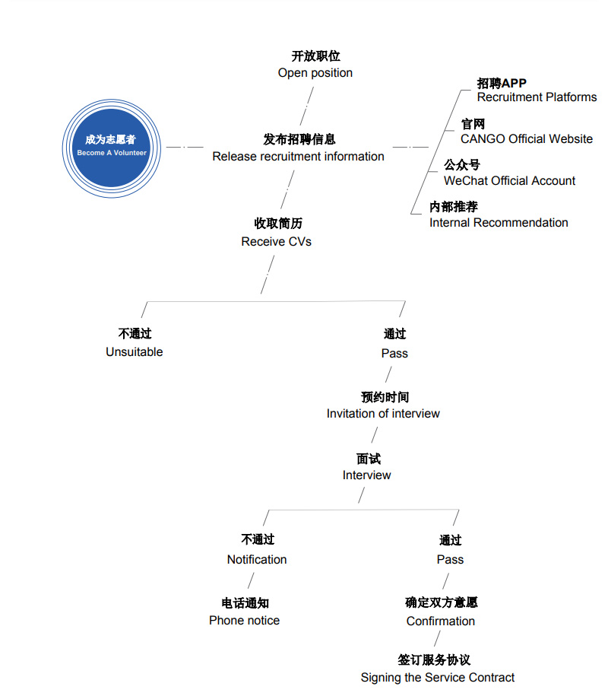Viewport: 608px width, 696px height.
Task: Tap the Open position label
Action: pos(315,73)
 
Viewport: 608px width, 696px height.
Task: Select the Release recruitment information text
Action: pos(298,156)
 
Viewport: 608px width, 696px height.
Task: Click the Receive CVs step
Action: pos(277,241)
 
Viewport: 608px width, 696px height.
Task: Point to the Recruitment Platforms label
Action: pos(537,97)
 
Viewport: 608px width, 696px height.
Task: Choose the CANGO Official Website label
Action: pos(526,138)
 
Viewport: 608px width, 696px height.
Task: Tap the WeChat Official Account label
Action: pos(509,180)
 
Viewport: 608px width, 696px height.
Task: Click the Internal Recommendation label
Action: pos(499,222)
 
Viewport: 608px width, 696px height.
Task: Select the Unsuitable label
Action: pos(135,351)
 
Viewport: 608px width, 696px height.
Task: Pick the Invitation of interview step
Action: pos(383,413)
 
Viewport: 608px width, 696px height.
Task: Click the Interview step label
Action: pos(367,475)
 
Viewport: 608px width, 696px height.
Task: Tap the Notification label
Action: pos(257,559)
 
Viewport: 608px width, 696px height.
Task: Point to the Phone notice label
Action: pos(244,620)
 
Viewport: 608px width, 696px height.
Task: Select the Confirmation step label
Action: pos(441,621)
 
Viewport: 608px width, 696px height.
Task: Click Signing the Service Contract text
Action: pos(438,677)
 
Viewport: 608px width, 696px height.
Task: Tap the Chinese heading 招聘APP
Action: pos(502,83)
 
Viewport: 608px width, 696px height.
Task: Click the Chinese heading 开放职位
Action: pos(315,56)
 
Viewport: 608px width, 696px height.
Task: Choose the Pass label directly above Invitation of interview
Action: pos(394,353)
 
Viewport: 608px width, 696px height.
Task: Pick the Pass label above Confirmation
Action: pos(450,559)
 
